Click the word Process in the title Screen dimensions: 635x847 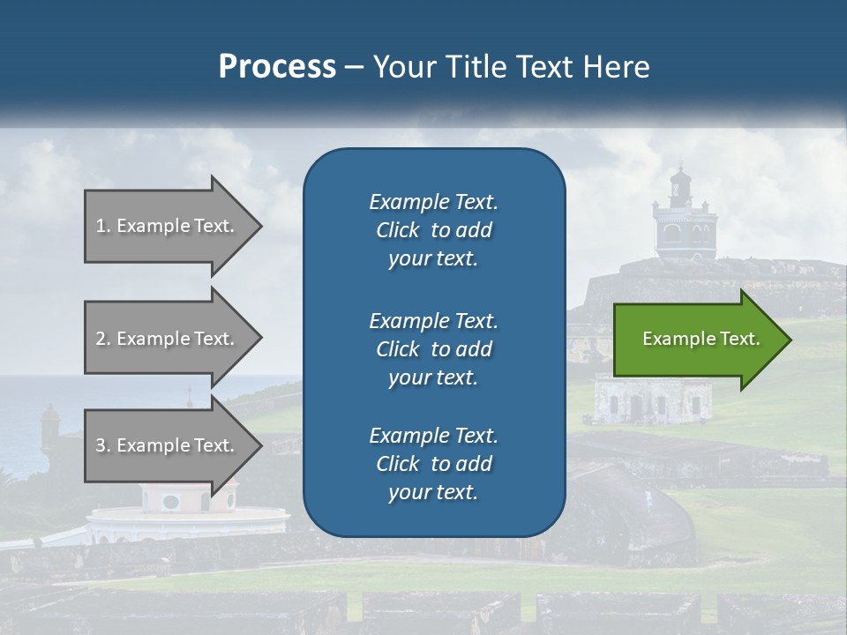click(x=277, y=67)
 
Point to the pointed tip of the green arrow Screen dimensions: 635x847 click(x=789, y=340)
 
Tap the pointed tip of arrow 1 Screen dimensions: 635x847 click(x=260, y=226)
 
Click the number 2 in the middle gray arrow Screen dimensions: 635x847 click(x=100, y=339)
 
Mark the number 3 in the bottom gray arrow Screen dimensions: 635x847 click(x=100, y=445)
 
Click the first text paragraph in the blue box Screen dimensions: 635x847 click(x=433, y=230)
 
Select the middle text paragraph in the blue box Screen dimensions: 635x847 click(x=433, y=348)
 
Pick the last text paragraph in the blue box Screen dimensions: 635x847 click(x=433, y=464)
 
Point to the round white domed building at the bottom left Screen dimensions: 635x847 click(x=163, y=512)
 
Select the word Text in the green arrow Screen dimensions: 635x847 click(x=739, y=339)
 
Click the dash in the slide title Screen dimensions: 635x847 click(x=353, y=67)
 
